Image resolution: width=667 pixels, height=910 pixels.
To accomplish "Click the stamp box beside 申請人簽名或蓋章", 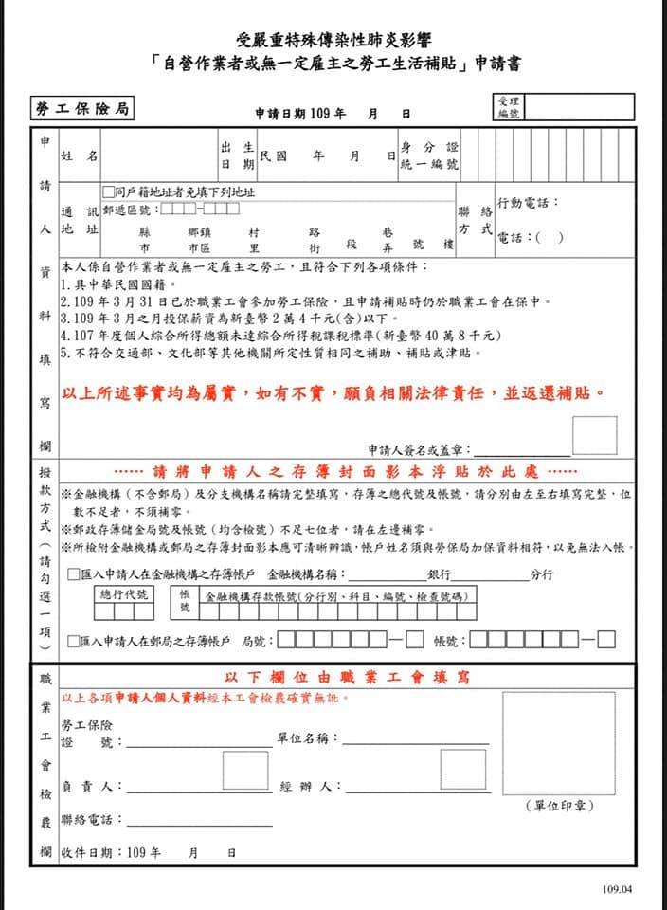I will click(594, 436).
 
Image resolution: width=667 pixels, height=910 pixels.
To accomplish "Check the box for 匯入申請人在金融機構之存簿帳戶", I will click(74, 575).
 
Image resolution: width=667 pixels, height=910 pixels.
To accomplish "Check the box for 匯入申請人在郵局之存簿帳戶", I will click(74, 642).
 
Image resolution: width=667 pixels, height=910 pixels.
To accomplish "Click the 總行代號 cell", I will click(124, 594).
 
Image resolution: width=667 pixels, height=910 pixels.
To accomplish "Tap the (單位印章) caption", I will click(559, 805).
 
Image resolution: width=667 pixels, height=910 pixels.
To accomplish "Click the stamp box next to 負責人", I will click(245, 771).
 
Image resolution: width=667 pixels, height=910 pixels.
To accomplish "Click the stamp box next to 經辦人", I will click(463, 771).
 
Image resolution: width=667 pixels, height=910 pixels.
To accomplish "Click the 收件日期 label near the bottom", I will click(91, 852).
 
